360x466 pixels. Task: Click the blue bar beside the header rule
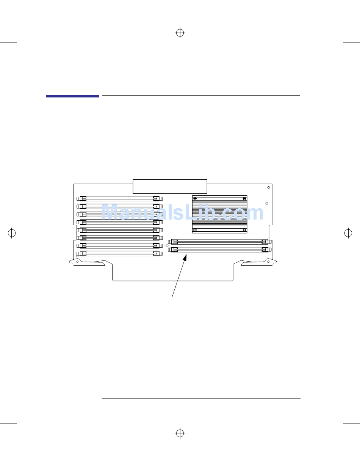coord(72,96)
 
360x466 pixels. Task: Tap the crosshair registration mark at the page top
coord(180,33)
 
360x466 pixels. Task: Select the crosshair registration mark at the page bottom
coord(180,433)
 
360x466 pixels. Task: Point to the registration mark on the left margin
coord(12,233)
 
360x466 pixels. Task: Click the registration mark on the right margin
coord(348,233)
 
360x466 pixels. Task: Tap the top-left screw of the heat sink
coord(195,199)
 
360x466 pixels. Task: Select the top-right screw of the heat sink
coord(244,199)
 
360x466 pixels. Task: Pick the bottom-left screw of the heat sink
coord(195,230)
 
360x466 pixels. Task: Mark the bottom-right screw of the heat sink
coord(244,230)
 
